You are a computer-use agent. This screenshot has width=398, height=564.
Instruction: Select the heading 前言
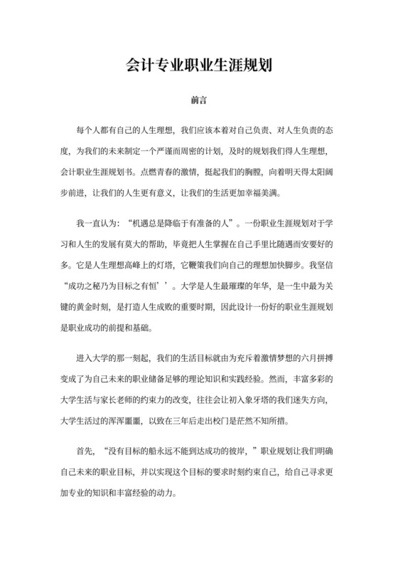pyautogui.click(x=199, y=102)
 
